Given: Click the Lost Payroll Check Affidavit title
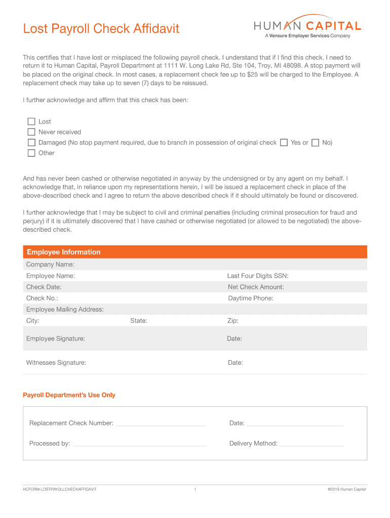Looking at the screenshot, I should [101, 29].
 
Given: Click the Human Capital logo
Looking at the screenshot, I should [307, 27].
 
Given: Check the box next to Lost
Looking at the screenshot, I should [31, 121].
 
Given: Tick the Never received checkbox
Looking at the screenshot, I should [31, 132].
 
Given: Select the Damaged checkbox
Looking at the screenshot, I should [31, 143].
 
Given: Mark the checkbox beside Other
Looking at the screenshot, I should [31, 153].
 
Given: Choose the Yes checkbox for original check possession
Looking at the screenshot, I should [284, 143].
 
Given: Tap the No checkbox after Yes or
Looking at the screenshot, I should [316, 143].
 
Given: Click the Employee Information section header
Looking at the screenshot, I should [64, 252].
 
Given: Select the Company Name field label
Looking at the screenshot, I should [50, 265].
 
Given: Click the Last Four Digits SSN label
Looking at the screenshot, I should [258, 276].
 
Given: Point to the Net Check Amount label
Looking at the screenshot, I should [256, 287].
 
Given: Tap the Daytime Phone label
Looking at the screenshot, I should [251, 298].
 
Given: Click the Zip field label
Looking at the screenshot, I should [233, 321].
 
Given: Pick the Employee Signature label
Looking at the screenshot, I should [56, 338].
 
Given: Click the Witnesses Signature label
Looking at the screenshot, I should [56, 363].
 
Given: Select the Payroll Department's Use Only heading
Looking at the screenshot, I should [69, 395].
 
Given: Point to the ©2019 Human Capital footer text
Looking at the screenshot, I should [346, 489].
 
